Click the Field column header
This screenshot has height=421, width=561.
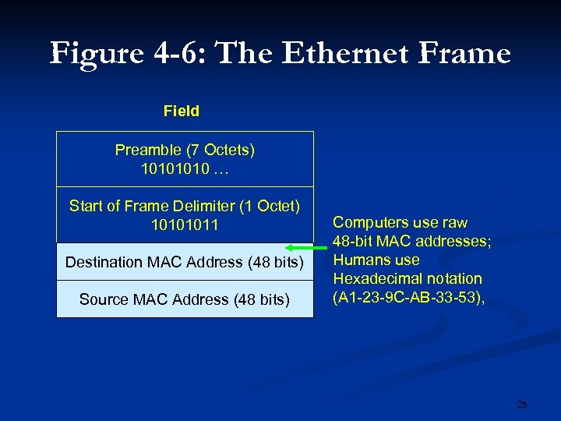coord(182,111)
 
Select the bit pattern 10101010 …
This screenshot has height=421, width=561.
coord(185,168)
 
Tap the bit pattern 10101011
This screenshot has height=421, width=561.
coord(185,225)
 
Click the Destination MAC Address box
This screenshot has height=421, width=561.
coord(185,262)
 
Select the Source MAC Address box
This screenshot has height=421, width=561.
coord(185,299)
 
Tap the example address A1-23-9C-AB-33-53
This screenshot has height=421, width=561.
coord(406,297)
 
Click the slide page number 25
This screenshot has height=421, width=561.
coord(522,404)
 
